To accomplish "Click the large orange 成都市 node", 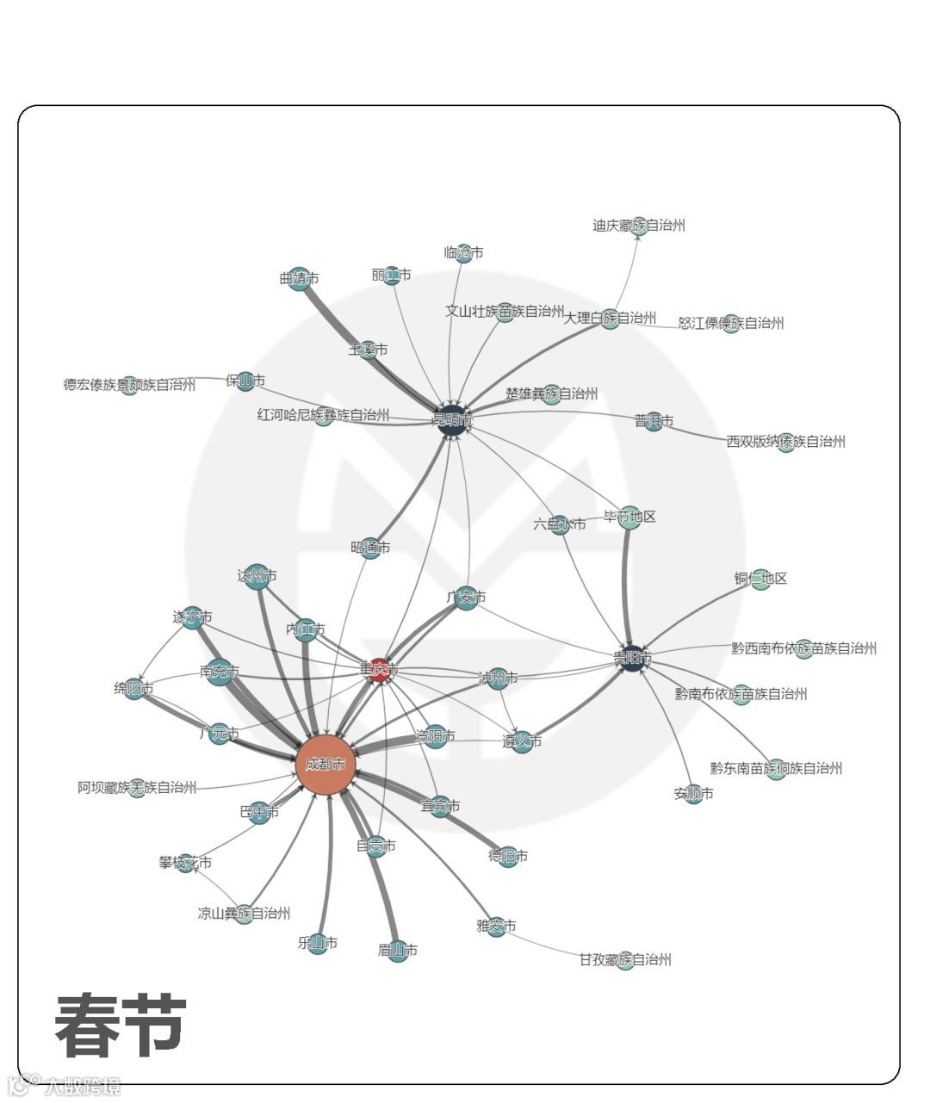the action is pos(325,763).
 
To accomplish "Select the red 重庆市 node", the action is pos(380,671).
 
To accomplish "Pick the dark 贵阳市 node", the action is pos(633,658).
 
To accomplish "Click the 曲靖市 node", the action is pos(299,278).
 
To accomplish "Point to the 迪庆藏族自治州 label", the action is pos(639,226).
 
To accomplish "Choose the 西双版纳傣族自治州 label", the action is pos(785,442).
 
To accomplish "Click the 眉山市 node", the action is pos(397,951).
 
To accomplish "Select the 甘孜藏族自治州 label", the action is pos(625,960).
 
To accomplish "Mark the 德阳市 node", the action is pos(508,856).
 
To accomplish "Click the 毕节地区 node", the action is pos(630,517).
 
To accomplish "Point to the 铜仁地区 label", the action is pos(761,578).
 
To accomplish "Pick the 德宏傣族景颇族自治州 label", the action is pos(129,385).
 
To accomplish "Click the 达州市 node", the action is pos(257,575).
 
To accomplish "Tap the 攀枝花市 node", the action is pos(186,863).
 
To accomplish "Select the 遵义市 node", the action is pos(523,741).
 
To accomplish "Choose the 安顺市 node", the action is pos(694,794).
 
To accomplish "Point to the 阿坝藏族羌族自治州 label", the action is pos(137,787).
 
